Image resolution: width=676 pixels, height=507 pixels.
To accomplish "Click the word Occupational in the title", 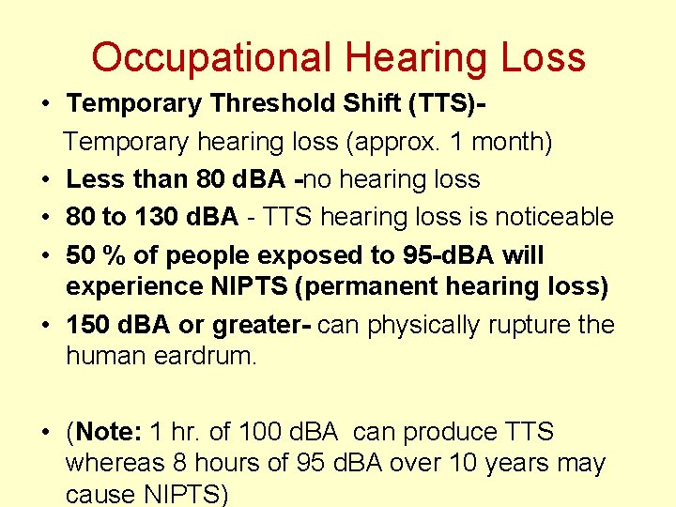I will pos(212,58).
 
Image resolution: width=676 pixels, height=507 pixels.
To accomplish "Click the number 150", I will pos(89,325).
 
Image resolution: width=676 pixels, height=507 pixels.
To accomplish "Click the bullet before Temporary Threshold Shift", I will pos(45,103).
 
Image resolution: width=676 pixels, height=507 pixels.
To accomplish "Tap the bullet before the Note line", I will pos(45,434).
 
